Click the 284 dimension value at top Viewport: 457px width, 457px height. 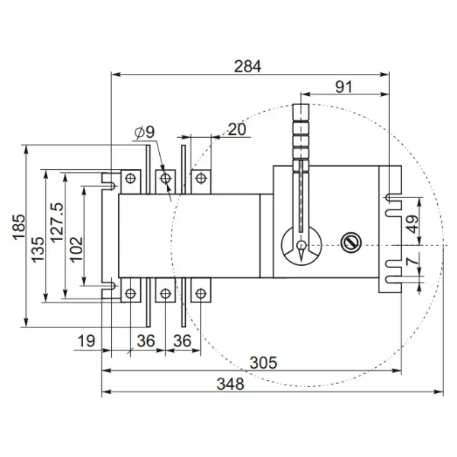(x=248, y=66)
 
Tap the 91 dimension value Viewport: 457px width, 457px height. (x=344, y=87)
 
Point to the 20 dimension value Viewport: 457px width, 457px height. (x=237, y=129)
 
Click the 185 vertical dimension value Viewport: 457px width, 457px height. (x=20, y=227)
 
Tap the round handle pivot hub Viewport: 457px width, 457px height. (x=302, y=245)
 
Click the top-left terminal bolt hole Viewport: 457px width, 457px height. (x=132, y=178)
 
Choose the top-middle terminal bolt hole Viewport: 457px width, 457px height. (x=165, y=178)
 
